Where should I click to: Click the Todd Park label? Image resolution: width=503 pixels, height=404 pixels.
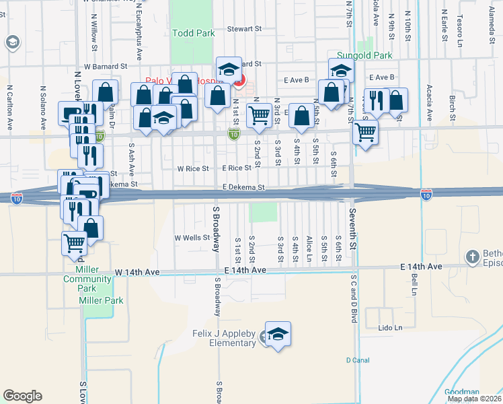coord(193,32)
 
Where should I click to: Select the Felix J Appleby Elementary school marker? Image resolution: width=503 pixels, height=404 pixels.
coord(278,335)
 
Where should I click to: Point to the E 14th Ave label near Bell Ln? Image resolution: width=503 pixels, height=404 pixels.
coord(421,267)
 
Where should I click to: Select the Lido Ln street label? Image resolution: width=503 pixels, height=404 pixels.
coord(390,328)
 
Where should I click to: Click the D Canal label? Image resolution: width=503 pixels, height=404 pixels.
coord(358,360)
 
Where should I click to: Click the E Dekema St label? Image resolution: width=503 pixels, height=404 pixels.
coord(244,188)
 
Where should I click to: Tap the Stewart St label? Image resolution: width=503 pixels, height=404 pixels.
coord(243,29)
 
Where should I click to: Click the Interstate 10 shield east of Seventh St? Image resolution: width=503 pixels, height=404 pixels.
coord(426,194)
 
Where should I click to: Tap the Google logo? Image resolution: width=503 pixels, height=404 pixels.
coord(23,396)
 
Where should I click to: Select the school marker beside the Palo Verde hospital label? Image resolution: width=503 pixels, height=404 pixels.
coord(229,70)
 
